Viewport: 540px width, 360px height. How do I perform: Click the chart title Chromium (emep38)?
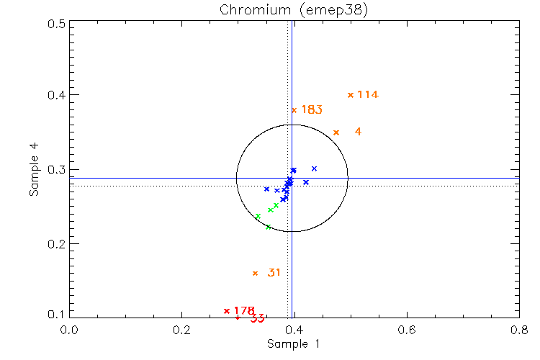292,9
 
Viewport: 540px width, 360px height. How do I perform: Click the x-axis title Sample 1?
293,344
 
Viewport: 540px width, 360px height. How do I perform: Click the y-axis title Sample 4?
34,170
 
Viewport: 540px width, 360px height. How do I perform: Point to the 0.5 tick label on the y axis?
58,24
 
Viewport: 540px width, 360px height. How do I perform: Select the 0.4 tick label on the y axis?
58,95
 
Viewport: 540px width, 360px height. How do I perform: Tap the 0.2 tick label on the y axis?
58,244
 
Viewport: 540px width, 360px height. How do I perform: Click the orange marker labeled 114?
351,95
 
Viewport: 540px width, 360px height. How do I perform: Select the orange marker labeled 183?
294,110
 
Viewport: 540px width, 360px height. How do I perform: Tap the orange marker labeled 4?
336,132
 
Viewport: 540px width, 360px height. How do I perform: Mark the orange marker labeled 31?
255,274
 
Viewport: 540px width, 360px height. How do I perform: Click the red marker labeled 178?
227,311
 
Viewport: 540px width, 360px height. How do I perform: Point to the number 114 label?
368,94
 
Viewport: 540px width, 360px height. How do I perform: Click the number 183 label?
312,110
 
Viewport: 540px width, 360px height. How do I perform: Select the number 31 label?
274,273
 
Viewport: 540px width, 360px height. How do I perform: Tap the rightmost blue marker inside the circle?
314,168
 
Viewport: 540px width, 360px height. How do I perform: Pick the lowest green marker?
268,228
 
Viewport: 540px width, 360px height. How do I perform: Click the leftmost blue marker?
266,189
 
